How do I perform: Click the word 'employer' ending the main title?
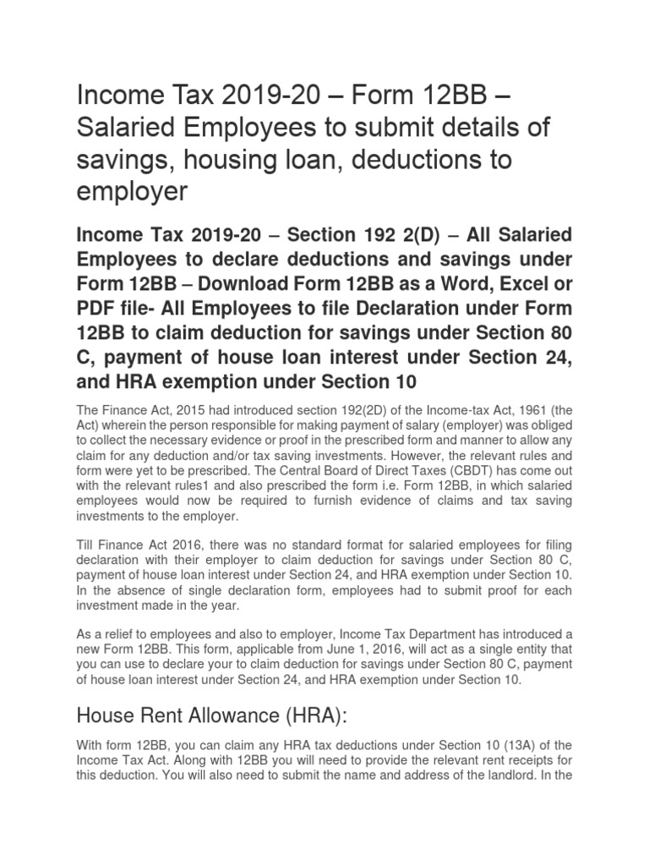(131, 193)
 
